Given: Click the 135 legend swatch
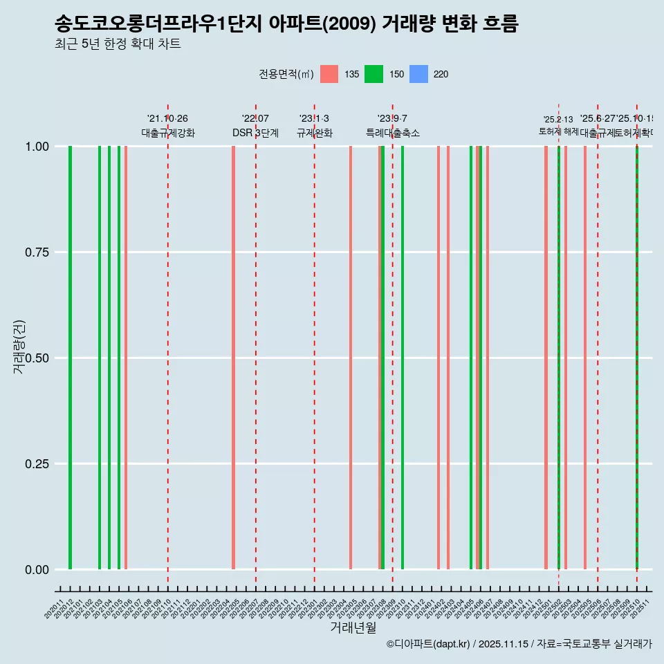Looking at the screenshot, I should click(x=329, y=74).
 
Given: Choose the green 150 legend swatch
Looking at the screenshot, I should click(x=373, y=74).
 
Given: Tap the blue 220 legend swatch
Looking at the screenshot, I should click(x=418, y=74).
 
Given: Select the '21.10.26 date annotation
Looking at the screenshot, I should click(x=167, y=119).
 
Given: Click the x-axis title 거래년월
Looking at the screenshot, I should click(x=353, y=627).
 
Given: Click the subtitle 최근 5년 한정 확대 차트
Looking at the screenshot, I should click(x=118, y=44).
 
